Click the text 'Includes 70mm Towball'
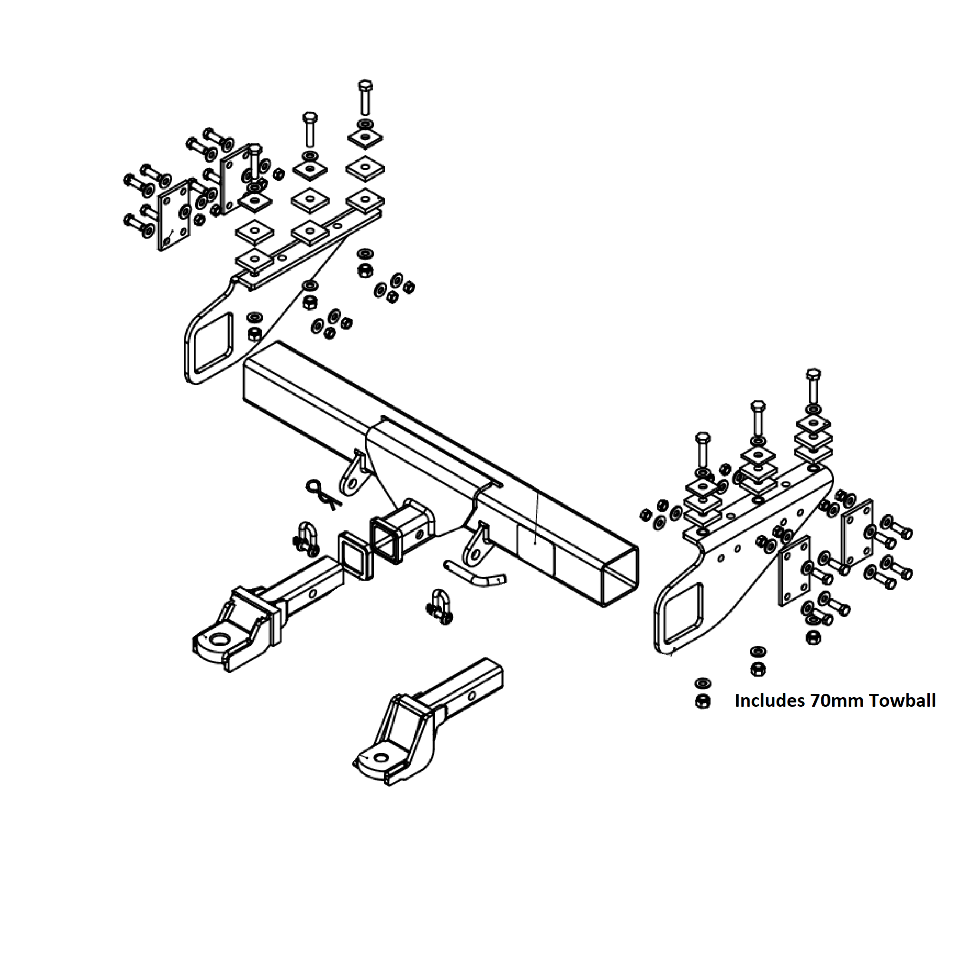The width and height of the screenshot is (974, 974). (835, 700)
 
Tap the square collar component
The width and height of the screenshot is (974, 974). (355, 555)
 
